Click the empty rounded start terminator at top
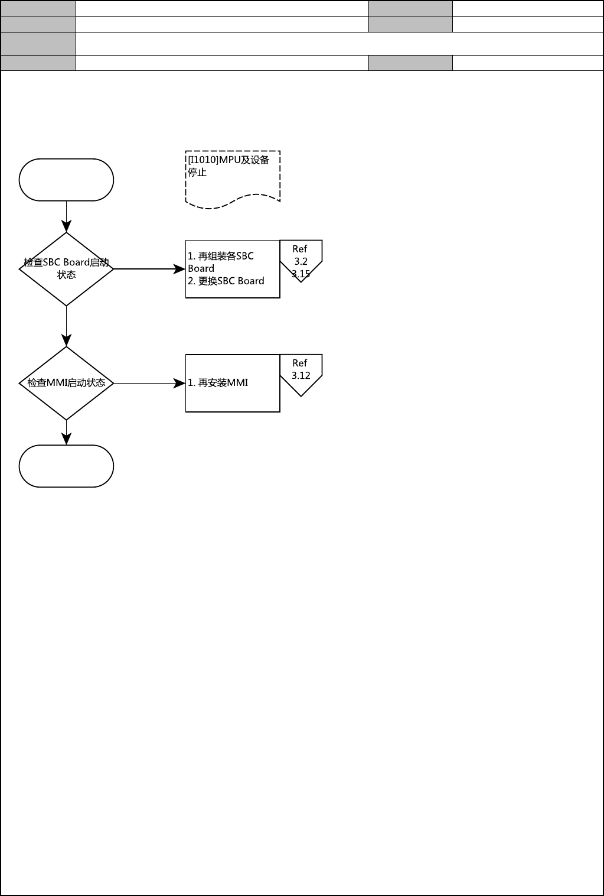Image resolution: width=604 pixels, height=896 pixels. click(x=66, y=180)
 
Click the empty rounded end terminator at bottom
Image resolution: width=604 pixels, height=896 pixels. click(x=66, y=466)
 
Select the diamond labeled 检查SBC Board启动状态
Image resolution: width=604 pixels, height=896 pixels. click(x=66, y=269)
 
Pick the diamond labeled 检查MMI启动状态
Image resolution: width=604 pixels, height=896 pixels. click(x=66, y=383)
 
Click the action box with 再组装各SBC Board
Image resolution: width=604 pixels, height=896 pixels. click(x=233, y=269)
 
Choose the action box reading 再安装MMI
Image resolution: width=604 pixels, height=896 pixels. click(x=233, y=383)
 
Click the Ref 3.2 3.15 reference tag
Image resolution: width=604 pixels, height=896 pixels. click(x=301, y=260)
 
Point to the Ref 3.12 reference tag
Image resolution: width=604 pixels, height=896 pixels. click(x=301, y=372)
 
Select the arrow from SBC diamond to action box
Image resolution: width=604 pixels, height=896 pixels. click(x=149, y=269)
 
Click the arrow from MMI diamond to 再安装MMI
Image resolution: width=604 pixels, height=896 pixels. click(x=149, y=383)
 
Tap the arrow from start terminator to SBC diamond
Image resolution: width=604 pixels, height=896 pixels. click(x=66, y=216)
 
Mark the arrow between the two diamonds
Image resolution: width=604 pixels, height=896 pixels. click(x=66, y=326)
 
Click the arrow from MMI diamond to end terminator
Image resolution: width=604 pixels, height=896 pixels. click(x=66, y=432)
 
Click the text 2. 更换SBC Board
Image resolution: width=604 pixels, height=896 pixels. click(x=226, y=281)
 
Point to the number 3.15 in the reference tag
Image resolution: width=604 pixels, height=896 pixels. click(x=301, y=274)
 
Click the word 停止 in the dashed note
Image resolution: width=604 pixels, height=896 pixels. click(x=197, y=173)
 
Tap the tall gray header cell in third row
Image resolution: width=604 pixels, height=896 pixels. click(x=38, y=43)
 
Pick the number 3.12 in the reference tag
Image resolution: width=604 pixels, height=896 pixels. click(x=301, y=375)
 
